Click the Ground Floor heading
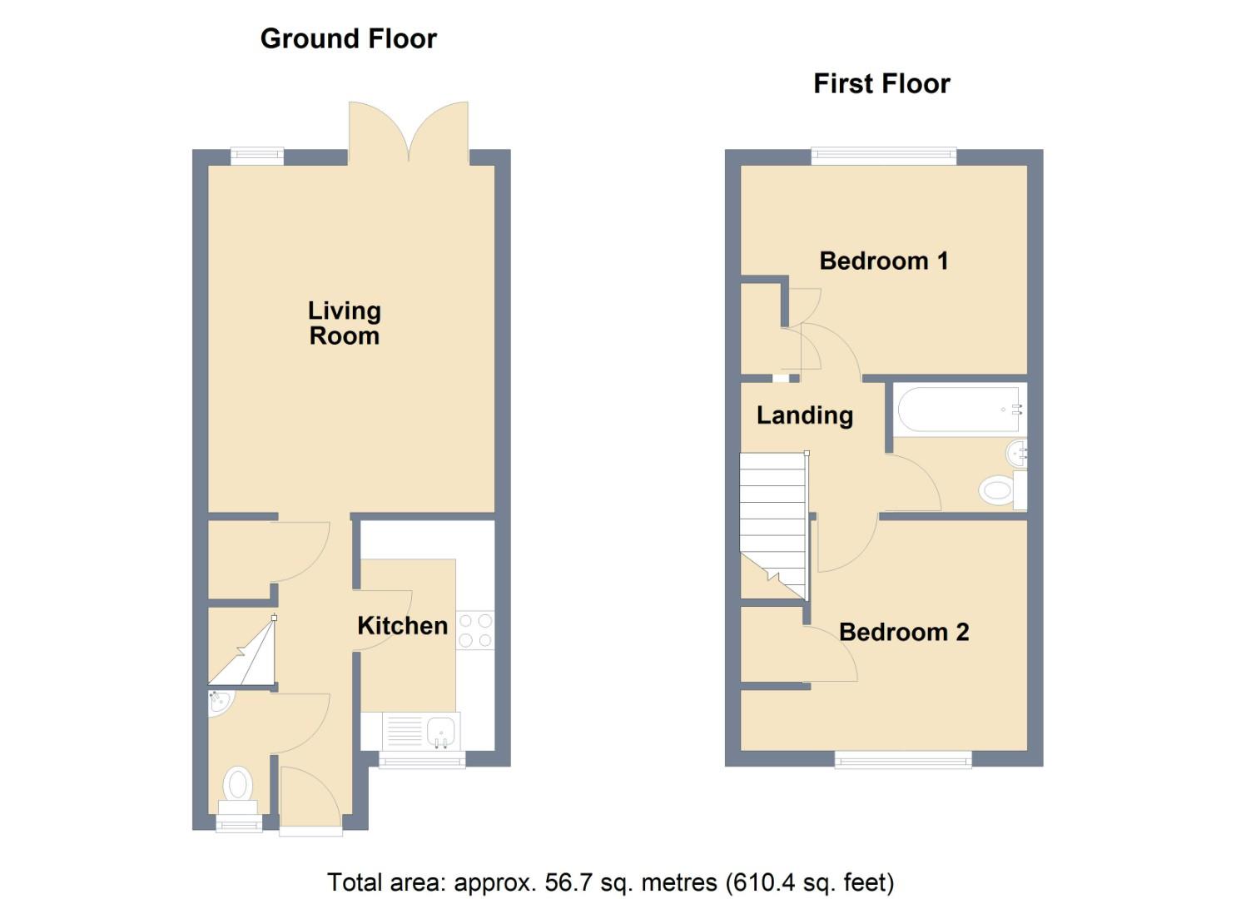coord(348,39)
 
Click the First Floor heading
coord(881,84)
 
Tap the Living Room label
coord(345,324)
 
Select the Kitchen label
coord(402,626)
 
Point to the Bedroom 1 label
coord(883,261)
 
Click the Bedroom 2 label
coord(904,633)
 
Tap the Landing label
coord(805,415)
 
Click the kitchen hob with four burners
coord(475,630)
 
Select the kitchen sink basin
coord(441,733)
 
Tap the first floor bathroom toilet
coord(1002,489)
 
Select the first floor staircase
coord(773,526)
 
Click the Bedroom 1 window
coord(883,156)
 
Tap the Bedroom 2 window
coord(903,759)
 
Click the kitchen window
coord(422,760)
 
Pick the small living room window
coord(257,156)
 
